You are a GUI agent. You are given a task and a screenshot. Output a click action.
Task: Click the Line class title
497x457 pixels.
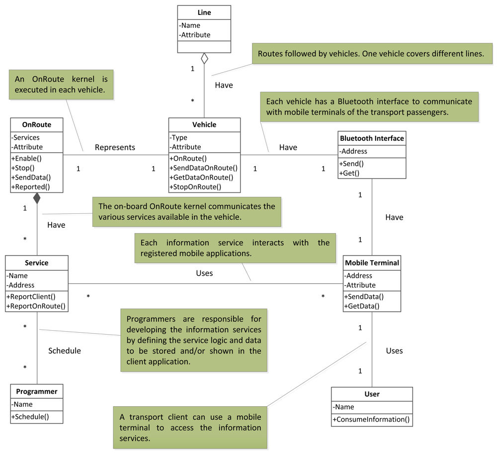pyautogui.click(x=204, y=12)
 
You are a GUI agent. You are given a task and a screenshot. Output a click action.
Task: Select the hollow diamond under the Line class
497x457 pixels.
pyautogui.click(x=204, y=59)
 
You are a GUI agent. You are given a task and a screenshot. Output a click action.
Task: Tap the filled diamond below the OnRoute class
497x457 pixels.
pyautogui.click(x=37, y=198)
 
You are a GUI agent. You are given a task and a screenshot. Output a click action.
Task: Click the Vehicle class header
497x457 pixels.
pyautogui.click(x=204, y=124)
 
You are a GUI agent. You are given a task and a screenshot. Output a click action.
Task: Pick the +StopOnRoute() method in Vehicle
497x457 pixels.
pyautogui.click(x=195, y=187)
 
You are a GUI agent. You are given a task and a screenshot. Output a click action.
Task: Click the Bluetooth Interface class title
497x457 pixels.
pyautogui.click(x=372, y=138)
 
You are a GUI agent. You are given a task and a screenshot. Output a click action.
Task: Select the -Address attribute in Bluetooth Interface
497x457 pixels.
pyautogui.click(x=353, y=151)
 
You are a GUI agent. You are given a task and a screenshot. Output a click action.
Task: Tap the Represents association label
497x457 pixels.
pyautogui.click(x=115, y=147)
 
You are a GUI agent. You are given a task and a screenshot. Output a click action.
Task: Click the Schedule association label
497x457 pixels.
pyautogui.click(x=65, y=351)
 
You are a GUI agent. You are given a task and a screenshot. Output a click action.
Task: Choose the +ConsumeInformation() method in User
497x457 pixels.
pyautogui.click(x=372, y=419)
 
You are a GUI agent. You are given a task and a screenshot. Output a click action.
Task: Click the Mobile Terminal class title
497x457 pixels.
pyautogui.click(x=372, y=263)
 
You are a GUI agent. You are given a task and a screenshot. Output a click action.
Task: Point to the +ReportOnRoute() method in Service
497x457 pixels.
pyautogui.click(x=36, y=306)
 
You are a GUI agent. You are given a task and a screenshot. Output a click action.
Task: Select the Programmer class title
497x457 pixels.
pyautogui.click(x=37, y=391)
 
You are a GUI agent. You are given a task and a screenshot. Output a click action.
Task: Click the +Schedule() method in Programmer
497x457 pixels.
pyautogui.click(x=30, y=417)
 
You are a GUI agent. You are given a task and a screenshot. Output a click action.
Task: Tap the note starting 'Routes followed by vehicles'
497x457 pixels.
pyautogui.click(x=371, y=54)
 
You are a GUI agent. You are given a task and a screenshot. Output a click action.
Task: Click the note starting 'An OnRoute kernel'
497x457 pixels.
pyautogui.click(x=61, y=84)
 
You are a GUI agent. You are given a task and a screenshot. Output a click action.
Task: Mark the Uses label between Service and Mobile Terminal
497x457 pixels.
pyautogui.click(x=204, y=273)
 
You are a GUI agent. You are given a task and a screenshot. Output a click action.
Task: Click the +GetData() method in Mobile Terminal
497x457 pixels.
pyautogui.click(x=361, y=306)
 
